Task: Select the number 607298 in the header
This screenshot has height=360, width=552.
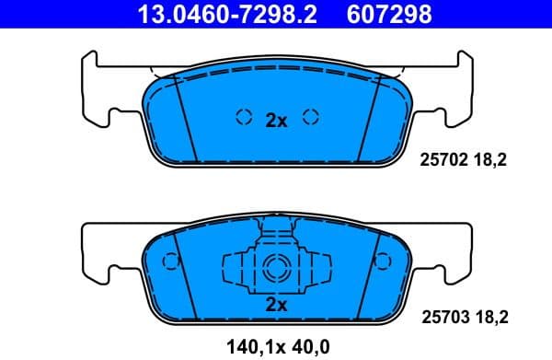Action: point(388,14)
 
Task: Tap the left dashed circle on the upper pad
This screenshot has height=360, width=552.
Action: point(244,117)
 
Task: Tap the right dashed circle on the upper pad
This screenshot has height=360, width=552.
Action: point(311,117)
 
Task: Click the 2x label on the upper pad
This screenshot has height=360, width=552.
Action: point(276,120)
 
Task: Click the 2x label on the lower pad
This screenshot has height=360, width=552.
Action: point(276,305)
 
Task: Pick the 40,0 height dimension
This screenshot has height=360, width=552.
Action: point(311,346)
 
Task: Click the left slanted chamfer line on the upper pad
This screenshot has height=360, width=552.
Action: point(184,115)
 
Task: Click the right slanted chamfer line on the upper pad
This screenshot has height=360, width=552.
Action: point(369,115)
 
